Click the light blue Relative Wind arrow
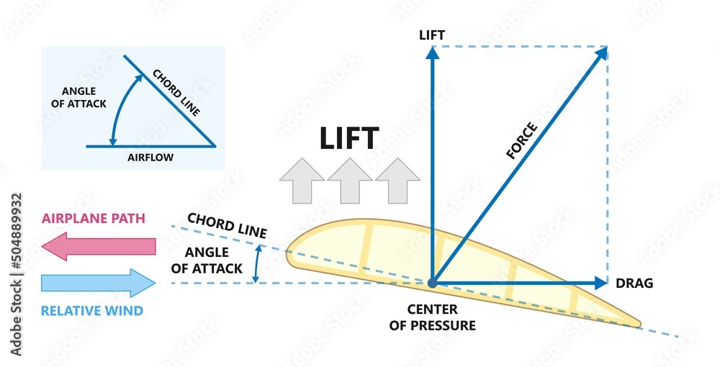[99, 282]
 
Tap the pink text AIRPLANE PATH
[94, 218]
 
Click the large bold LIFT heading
[349, 138]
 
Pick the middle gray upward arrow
[349, 181]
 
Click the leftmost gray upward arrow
[302, 181]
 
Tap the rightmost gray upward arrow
[397, 181]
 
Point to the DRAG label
[634, 284]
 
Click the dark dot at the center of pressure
[432, 283]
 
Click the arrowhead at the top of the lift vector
[432, 51]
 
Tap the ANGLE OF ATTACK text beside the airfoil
[207, 259]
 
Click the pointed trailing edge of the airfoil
[639, 324]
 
